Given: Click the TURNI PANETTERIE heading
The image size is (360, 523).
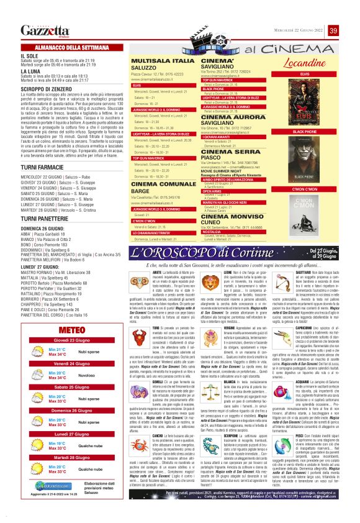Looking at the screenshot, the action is [44, 219].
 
